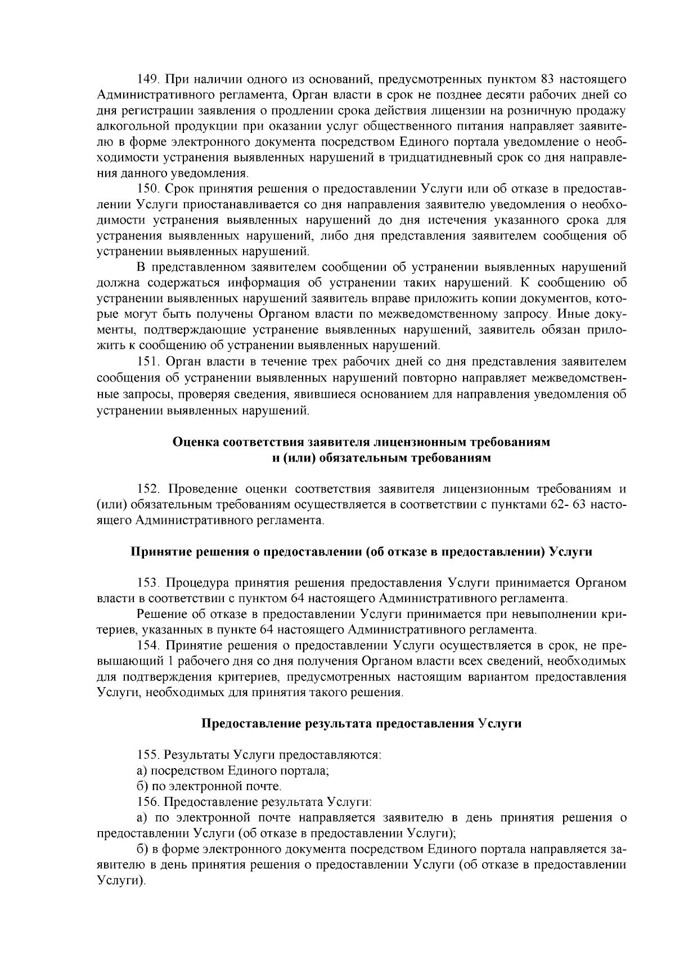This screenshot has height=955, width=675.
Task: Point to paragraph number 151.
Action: point(148,361)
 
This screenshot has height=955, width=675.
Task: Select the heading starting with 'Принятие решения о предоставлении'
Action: point(361,552)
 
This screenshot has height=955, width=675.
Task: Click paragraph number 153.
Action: point(148,582)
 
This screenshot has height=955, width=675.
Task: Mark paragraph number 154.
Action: point(148,645)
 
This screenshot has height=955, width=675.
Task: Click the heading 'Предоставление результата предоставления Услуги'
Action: point(361,724)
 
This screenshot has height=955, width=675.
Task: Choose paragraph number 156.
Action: point(148,801)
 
